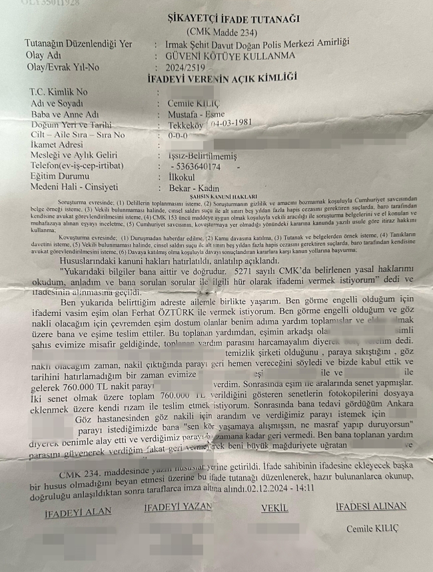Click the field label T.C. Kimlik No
click(59, 91)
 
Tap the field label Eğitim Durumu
click(59, 177)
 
